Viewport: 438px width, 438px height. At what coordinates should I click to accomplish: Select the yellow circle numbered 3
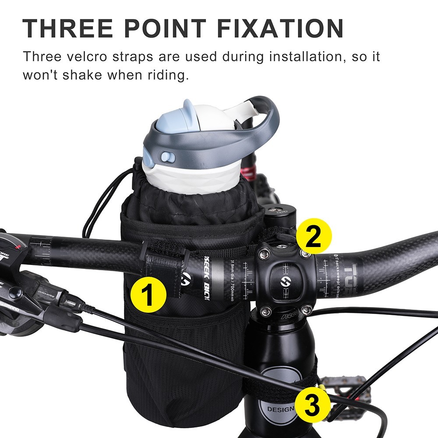tap(312, 405)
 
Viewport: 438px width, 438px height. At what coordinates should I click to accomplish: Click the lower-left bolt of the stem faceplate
tap(265, 311)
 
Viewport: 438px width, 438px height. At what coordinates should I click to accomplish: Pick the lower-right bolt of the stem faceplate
tap(306, 310)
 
